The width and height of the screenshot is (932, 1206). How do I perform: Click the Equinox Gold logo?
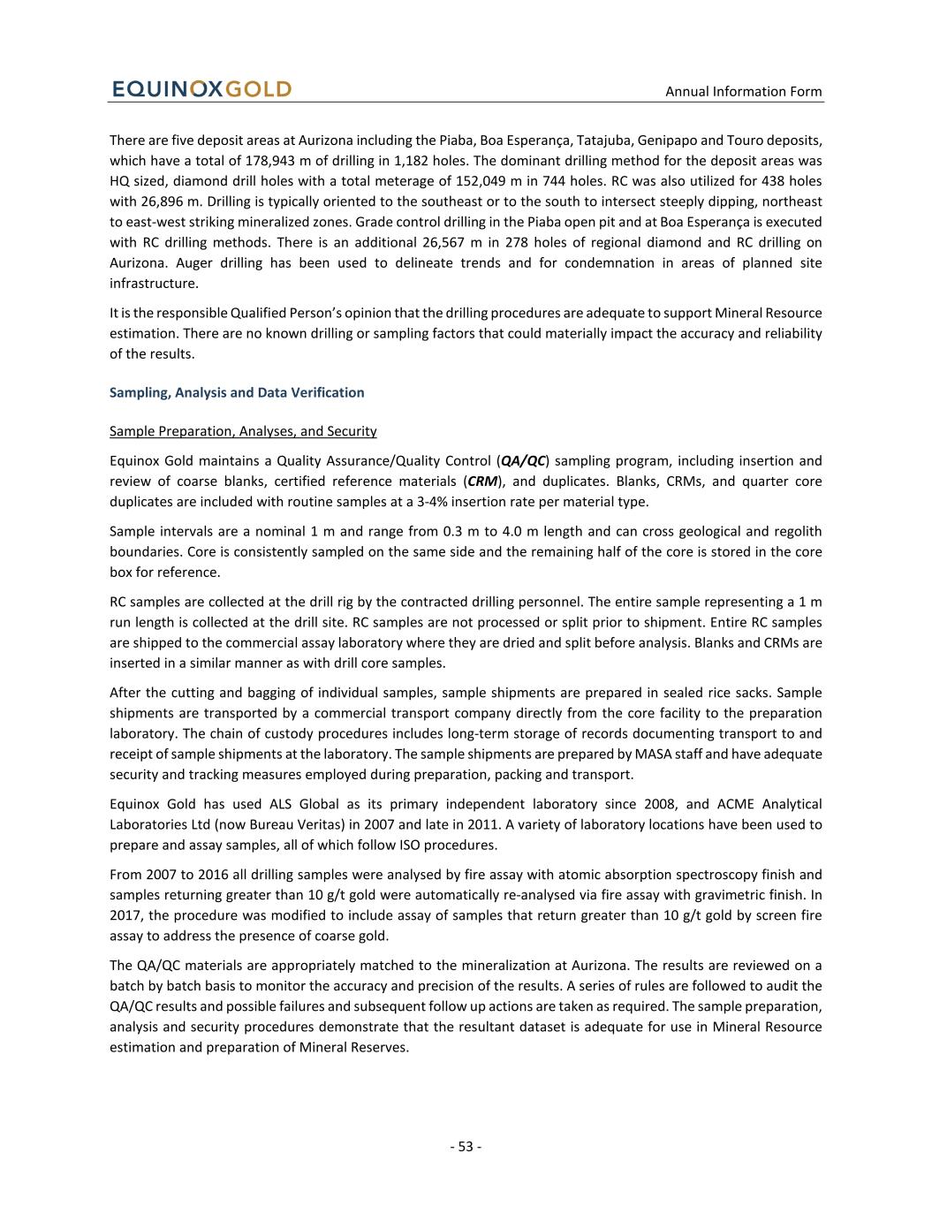201,89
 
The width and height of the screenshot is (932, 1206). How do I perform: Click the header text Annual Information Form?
743,91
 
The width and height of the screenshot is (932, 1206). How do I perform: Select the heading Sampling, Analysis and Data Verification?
237,392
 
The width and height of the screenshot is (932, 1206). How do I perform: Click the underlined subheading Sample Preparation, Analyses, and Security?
243,431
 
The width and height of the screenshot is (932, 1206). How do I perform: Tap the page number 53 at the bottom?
466,1147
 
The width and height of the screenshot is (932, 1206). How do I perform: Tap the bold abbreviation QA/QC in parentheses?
522,460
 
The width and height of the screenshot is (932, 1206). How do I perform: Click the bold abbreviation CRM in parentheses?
482,482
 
